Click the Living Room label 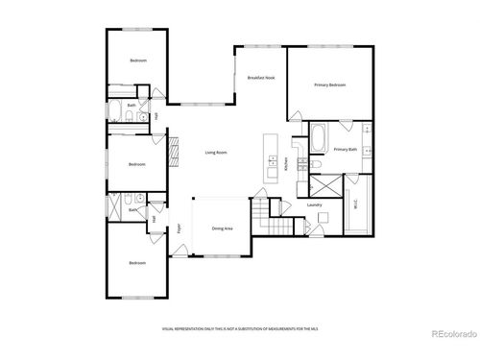point(215,153)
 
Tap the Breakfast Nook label point(261,77)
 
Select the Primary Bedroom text point(329,85)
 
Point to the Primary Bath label point(346,150)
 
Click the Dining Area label point(223,228)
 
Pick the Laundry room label point(314,205)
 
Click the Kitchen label point(286,165)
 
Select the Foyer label point(179,228)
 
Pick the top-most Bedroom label point(138,60)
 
